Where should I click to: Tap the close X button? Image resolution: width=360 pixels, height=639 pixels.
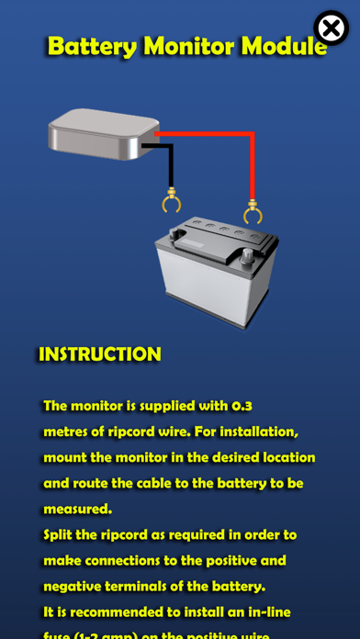coord(331,28)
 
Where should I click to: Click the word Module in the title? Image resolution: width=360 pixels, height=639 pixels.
coord(284,46)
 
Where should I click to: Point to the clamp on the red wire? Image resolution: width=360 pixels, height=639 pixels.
coord(252,212)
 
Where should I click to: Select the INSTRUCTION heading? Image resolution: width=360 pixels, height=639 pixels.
coord(99,354)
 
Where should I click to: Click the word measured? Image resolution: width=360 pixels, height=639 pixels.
coord(78,509)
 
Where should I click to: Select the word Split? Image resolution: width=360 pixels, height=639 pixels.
coord(61,534)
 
